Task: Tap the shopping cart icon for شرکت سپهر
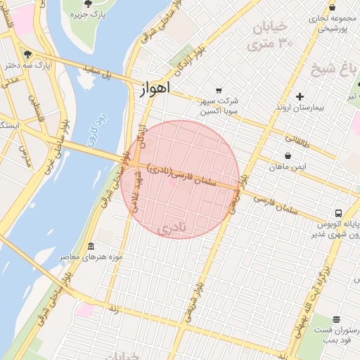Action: coord(219,90)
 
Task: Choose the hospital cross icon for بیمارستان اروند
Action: coord(300,96)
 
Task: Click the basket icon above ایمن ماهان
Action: coord(287,156)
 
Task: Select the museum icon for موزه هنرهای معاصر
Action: coord(91,246)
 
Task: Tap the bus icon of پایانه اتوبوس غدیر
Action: coord(339,213)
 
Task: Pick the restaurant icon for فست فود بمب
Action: coord(336,319)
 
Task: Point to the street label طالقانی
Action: coord(296,134)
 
